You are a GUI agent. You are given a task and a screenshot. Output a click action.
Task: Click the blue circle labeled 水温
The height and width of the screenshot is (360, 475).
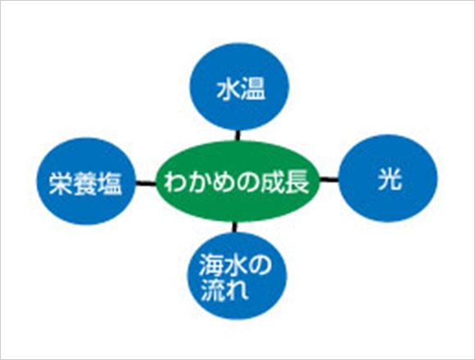click(239, 87)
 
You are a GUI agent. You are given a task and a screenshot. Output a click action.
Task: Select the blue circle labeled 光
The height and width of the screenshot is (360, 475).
click(388, 178)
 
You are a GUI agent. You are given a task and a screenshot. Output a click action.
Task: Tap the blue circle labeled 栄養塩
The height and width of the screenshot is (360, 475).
click(86, 182)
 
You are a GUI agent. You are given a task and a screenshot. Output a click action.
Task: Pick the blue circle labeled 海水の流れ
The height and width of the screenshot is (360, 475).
click(237, 276)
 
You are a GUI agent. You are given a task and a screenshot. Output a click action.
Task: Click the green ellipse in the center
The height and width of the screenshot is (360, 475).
click(237, 182)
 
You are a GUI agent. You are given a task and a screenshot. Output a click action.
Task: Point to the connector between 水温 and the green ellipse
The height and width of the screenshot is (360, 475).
click(237, 136)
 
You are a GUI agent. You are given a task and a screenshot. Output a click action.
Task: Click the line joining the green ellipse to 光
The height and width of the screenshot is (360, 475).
click(329, 180)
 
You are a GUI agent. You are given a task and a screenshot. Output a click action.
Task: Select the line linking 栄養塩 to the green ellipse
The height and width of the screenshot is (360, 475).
click(146, 183)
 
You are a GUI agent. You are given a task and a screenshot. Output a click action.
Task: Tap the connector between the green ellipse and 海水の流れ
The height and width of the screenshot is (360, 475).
click(234, 227)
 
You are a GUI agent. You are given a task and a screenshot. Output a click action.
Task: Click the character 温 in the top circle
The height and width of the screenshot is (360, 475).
click(253, 90)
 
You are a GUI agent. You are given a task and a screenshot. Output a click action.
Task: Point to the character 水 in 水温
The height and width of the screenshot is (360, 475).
click(228, 90)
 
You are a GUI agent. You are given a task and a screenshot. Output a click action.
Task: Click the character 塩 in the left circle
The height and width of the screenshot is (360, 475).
click(110, 183)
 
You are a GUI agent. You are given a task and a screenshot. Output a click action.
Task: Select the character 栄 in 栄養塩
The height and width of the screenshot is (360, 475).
click(61, 183)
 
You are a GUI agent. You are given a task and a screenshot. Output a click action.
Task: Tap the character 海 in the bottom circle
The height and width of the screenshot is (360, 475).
click(210, 264)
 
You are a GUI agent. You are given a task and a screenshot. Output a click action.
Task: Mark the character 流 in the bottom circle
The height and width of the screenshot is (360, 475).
click(212, 290)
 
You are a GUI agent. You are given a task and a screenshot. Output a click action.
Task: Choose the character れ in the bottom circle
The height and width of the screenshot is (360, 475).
click(237, 290)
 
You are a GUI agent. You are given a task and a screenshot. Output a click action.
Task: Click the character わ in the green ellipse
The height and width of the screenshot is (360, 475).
click(175, 182)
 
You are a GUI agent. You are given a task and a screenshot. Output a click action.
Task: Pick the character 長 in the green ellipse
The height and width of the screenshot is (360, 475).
click(298, 182)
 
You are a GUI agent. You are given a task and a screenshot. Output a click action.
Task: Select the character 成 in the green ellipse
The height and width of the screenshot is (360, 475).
click(274, 182)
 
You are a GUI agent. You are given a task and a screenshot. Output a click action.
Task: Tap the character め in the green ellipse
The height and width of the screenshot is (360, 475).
click(224, 182)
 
